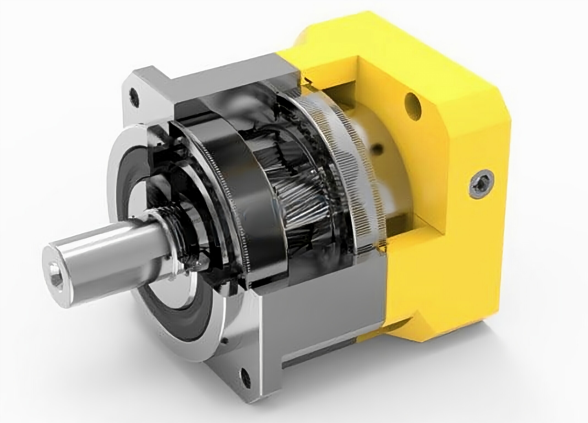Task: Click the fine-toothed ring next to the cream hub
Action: [x=347, y=165]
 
